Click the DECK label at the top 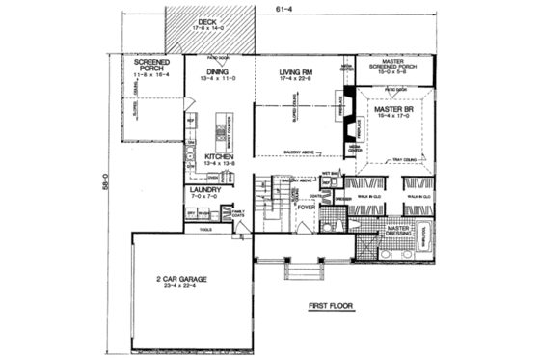(x=206, y=20)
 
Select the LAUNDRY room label (x=204, y=191)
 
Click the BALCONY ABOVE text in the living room (x=303, y=151)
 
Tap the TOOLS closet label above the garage (x=204, y=231)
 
